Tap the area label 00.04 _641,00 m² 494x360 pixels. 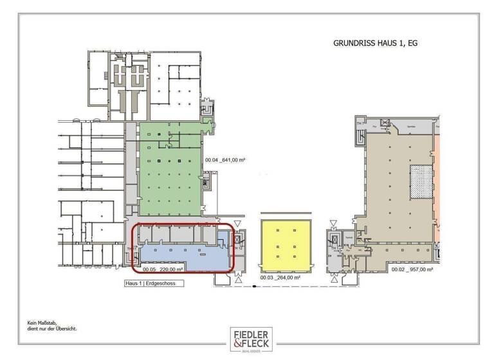(x=225, y=160)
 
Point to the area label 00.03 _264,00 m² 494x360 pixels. (x=280, y=278)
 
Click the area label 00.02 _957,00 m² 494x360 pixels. (x=412, y=270)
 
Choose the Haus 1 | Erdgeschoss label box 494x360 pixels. (x=154, y=283)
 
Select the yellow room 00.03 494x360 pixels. (x=285, y=245)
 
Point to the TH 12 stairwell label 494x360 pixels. (x=237, y=248)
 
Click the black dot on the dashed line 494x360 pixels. (x=255, y=284)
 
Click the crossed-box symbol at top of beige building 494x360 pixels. (x=385, y=122)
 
